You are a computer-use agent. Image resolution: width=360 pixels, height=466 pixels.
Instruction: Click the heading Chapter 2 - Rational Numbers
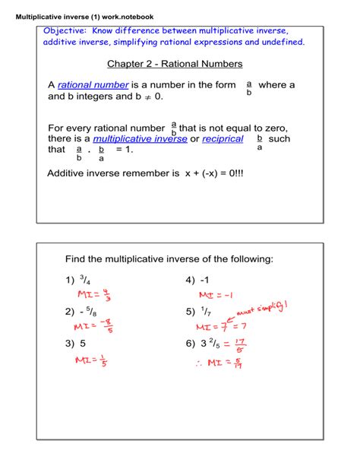(175, 63)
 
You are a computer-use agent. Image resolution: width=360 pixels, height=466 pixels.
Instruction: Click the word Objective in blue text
(65, 30)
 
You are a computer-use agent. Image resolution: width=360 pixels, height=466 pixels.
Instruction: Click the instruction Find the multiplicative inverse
(169, 259)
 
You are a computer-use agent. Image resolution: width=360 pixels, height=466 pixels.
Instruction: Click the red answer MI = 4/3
(96, 295)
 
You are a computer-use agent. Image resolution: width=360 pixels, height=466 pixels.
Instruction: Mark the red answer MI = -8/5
(96, 327)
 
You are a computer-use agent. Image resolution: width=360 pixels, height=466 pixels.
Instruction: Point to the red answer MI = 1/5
(92, 360)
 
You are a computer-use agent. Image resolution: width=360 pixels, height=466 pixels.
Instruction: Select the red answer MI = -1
(215, 295)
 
